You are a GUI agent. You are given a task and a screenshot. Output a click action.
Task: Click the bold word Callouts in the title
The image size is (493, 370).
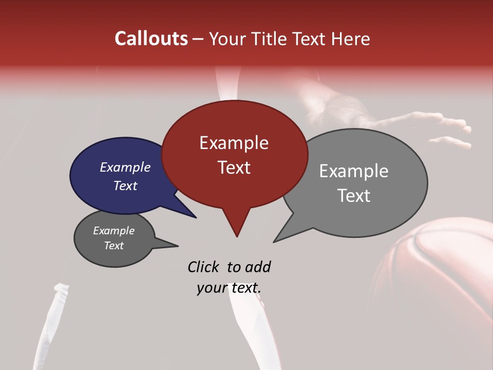click(x=151, y=39)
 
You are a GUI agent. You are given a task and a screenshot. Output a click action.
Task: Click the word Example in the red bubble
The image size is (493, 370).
click(x=234, y=143)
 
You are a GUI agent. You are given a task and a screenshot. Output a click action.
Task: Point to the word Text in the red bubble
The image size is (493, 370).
click(x=234, y=167)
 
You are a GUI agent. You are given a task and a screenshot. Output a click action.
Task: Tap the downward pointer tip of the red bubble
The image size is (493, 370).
click(x=237, y=235)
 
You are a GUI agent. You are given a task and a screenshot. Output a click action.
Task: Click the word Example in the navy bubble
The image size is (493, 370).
click(x=125, y=167)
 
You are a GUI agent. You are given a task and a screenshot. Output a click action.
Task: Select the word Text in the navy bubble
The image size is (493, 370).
click(x=125, y=186)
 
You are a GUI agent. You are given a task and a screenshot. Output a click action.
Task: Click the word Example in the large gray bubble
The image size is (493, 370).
click(x=353, y=171)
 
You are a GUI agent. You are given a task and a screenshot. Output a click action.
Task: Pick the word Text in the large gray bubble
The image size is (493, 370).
click(x=353, y=196)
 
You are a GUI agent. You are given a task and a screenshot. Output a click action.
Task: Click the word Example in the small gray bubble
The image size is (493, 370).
click(x=113, y=231)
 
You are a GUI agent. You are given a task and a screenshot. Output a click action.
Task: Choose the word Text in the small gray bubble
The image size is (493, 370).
click(x=113, y=246)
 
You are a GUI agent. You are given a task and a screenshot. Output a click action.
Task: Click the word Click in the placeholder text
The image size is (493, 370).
click(x=204, y=267)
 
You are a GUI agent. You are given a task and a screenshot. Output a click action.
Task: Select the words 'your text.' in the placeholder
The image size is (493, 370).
click(x=229, y=288)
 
